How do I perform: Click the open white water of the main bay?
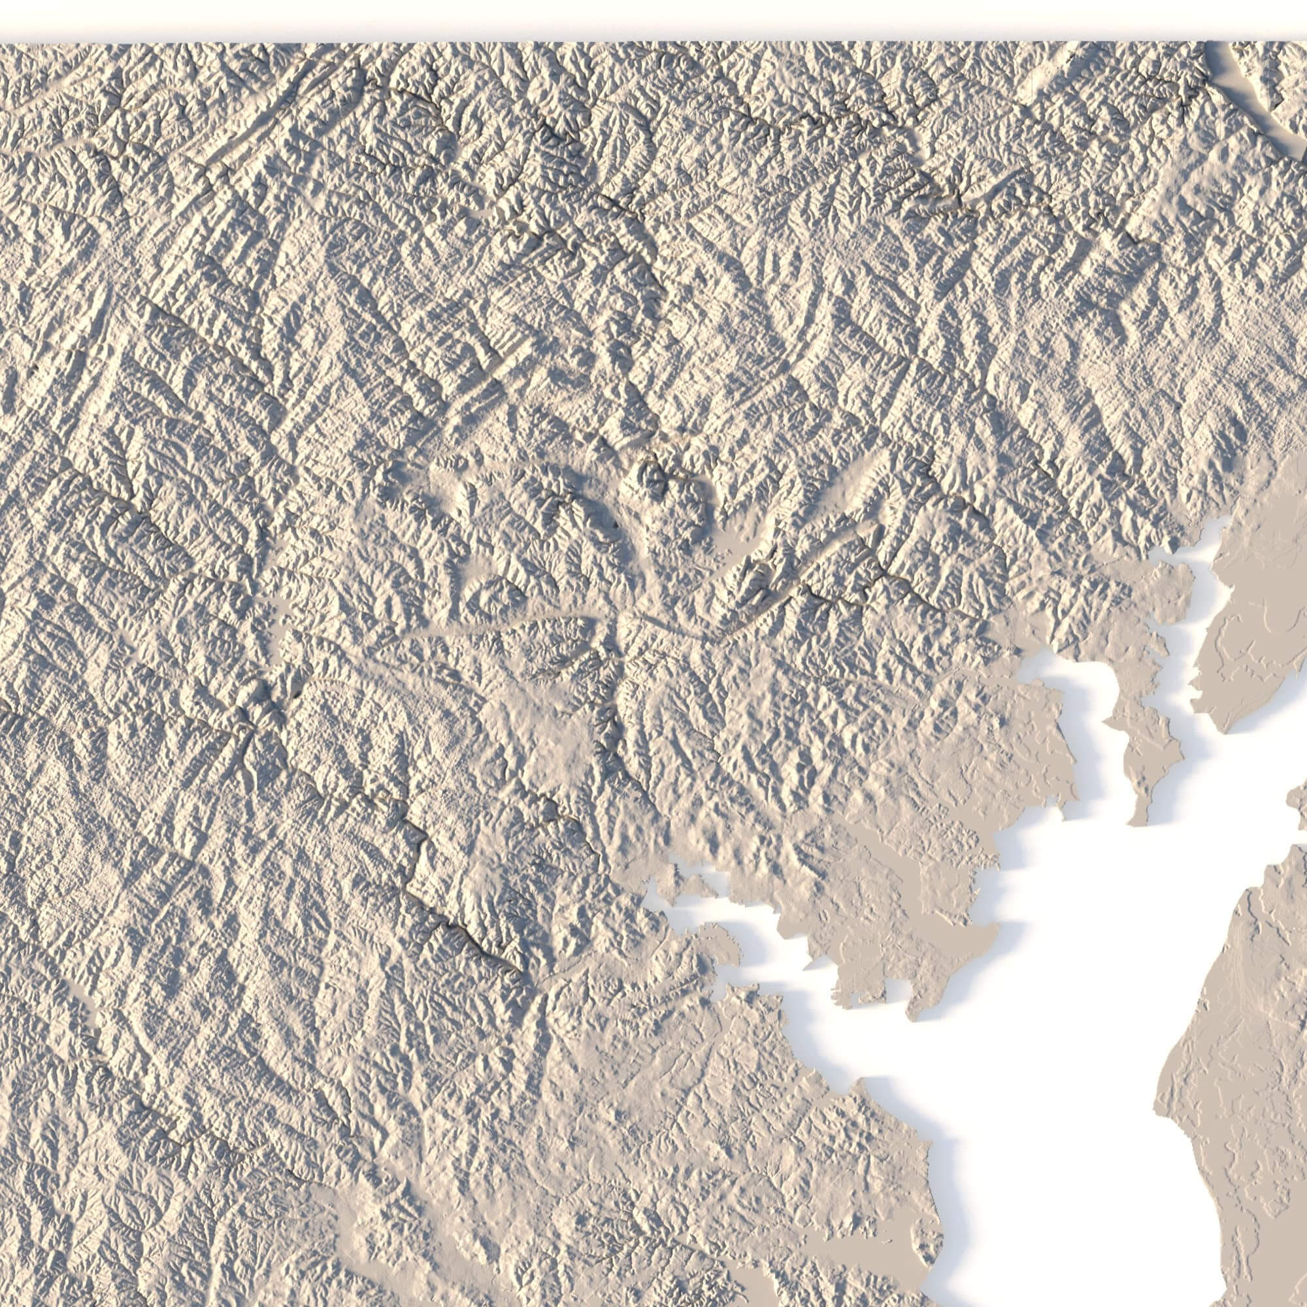1049,1015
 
